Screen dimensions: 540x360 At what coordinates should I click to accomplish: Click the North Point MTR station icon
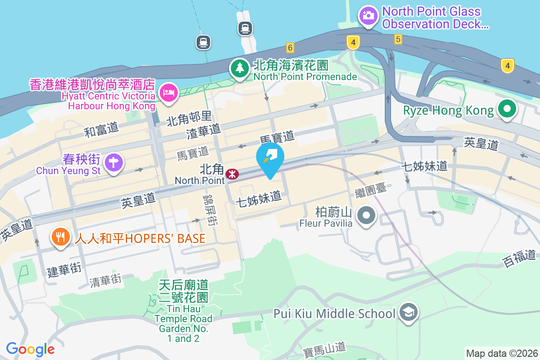coord(232,174)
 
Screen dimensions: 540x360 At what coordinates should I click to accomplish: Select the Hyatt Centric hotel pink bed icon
coord(169,93)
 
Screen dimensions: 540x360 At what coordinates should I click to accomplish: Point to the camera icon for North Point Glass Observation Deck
coord(369,16)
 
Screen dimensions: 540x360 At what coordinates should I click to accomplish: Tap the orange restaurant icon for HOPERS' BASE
coord(60,237)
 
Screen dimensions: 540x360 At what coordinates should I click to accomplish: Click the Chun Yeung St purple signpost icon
coord(112,162)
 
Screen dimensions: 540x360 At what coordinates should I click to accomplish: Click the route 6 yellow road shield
coord(290,47)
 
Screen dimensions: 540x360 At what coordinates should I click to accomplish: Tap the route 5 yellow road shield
coord(398,39)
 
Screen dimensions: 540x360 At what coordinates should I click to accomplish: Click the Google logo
coord(30,349)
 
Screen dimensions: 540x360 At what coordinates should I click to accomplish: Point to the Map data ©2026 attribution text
coord(501,353)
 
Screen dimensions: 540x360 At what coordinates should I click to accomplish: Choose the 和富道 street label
coord(101,130)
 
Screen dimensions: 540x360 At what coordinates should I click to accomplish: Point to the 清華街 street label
coord(105,281)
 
